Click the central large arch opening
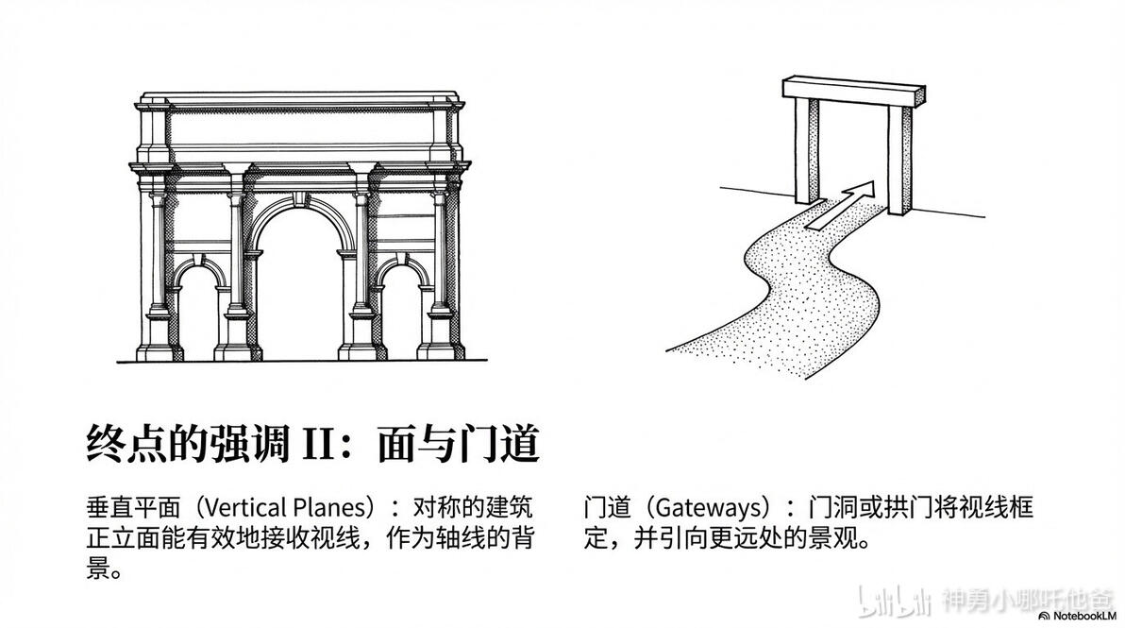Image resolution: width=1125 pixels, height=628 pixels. coord(299,287)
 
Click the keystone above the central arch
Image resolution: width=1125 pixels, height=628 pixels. coord(299,199)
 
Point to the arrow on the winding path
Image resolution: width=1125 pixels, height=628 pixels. coord(841,205)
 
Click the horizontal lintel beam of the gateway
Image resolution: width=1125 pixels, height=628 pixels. coord(853,92)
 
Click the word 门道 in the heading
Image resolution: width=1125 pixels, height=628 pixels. coord(498,444)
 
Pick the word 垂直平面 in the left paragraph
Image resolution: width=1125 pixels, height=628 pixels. coord(133,507)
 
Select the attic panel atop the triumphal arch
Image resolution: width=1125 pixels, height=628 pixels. coord(299,127)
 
